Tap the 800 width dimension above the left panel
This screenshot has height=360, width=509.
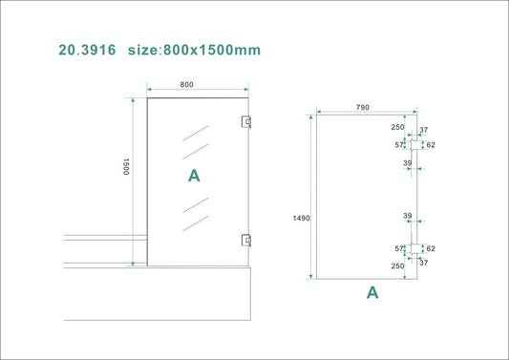[x=186, y=85]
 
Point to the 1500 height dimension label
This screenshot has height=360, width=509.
[x=124, y=168]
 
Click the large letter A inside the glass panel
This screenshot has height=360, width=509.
[x=194, y=176]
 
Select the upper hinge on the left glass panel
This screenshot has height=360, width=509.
[x=246, y=121]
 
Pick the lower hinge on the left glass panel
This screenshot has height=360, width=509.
[x=246, y=241]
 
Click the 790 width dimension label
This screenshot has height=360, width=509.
[x=363, y=108]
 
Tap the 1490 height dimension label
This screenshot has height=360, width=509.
[x=301, y=219]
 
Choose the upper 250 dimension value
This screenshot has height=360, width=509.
[x=396, y=127]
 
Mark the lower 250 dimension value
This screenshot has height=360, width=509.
[x=396, y=265]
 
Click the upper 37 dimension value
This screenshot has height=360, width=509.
[x=424, y=132]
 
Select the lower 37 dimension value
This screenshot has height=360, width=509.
[x=424, y=262]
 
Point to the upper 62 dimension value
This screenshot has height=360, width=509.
[x=431, y=145]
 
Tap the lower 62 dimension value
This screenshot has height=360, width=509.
[x=431, y=247]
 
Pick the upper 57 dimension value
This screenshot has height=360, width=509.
[x=401, y=145]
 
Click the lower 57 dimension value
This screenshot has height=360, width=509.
[x=401, y=248]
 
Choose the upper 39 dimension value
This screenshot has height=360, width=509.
[x=407, y=163]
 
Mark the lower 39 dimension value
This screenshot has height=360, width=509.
[x=407, y=216]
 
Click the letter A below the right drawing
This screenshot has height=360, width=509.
[x=372, y=293]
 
